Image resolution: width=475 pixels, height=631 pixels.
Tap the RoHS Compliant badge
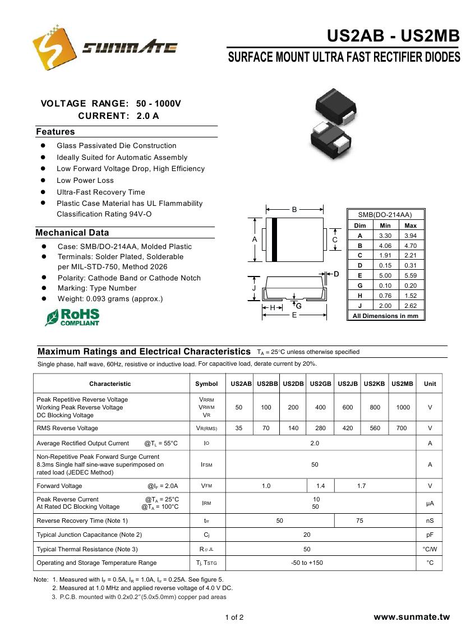point(72,317)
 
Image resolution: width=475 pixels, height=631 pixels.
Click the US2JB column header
point(348,384)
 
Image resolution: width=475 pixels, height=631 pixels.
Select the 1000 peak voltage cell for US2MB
point(403,407)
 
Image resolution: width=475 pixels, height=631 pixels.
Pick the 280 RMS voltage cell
point(320,428)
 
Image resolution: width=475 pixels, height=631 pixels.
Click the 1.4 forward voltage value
point(320,486)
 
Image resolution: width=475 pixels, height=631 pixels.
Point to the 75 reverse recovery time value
point(359,521)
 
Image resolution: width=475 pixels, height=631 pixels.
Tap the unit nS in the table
point(430,521)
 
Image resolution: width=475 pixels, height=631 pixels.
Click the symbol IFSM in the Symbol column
point(206,464)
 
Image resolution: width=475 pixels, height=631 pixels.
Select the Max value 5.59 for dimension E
point(411,275)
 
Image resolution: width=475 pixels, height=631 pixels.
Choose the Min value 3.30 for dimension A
point(385,236)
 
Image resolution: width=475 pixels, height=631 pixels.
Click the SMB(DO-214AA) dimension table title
point(386,215)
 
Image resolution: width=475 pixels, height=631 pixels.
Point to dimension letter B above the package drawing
point(294,209)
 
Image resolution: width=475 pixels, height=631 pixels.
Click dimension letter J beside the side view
point(254,288)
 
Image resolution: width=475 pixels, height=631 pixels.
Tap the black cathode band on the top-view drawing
point(275,239)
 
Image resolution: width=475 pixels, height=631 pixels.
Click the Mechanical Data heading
point(72,233)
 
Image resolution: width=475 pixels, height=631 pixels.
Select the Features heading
point(55,132)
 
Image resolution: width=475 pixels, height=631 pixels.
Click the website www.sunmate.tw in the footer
point(412,617)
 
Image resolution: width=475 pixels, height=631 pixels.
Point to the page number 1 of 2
point(234,618)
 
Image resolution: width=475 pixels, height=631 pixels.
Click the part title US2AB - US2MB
point(393,36)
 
